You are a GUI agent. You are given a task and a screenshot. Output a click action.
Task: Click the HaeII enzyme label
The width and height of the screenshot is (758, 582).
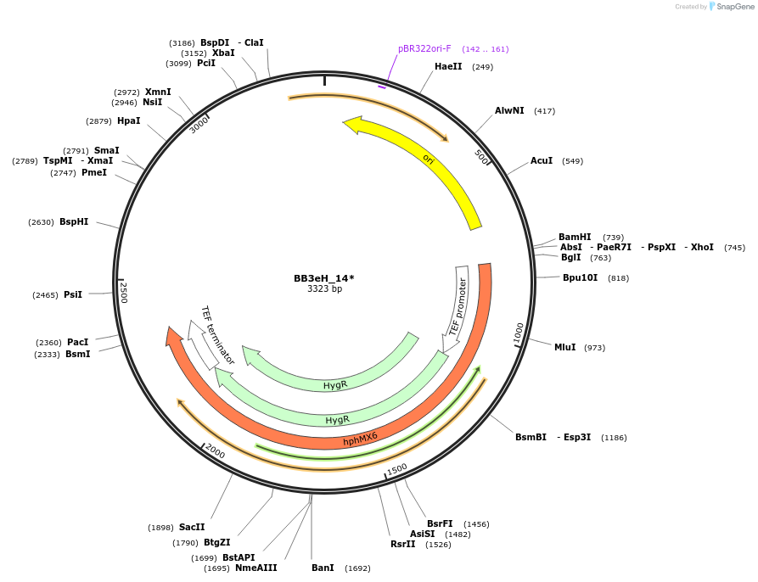coord(448,66)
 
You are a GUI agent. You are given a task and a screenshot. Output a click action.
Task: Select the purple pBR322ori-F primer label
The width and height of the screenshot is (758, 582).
coord(424,48)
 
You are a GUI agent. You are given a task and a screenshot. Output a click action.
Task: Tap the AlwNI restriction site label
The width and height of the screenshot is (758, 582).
coord(509,111)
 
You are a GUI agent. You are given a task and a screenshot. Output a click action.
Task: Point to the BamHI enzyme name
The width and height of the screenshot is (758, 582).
coord(575,238)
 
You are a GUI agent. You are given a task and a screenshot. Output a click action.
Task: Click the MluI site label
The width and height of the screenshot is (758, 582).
coord(564,348)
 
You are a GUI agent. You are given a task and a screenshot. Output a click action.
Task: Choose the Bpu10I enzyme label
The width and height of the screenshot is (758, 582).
coord(580,278)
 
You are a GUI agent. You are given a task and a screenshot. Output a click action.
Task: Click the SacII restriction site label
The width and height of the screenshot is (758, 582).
coord(192,528)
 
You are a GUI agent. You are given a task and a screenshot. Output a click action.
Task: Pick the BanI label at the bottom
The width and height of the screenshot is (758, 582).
coord(323,568)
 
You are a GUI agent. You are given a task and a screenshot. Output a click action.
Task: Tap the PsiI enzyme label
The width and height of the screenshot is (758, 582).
coord(73,295)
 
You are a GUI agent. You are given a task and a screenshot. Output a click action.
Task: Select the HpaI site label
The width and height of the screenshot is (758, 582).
coord(129,121)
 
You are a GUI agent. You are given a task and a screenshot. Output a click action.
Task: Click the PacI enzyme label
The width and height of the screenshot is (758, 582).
coord(77,343)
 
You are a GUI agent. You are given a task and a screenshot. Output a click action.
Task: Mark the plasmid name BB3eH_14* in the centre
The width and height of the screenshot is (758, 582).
coord(324,278)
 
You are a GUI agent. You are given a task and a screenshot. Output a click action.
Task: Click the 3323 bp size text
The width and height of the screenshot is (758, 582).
coord(324,289)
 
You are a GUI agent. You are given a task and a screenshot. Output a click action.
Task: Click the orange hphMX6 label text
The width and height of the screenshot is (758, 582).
coord(361,438)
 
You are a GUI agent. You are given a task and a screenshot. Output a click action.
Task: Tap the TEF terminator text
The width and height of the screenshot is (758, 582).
coord(217,335)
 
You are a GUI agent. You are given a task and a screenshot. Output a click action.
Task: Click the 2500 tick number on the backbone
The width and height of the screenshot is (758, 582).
coord(124,294)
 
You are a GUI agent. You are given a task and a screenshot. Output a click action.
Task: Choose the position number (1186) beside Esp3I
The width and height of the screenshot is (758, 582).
coord(614,438)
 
